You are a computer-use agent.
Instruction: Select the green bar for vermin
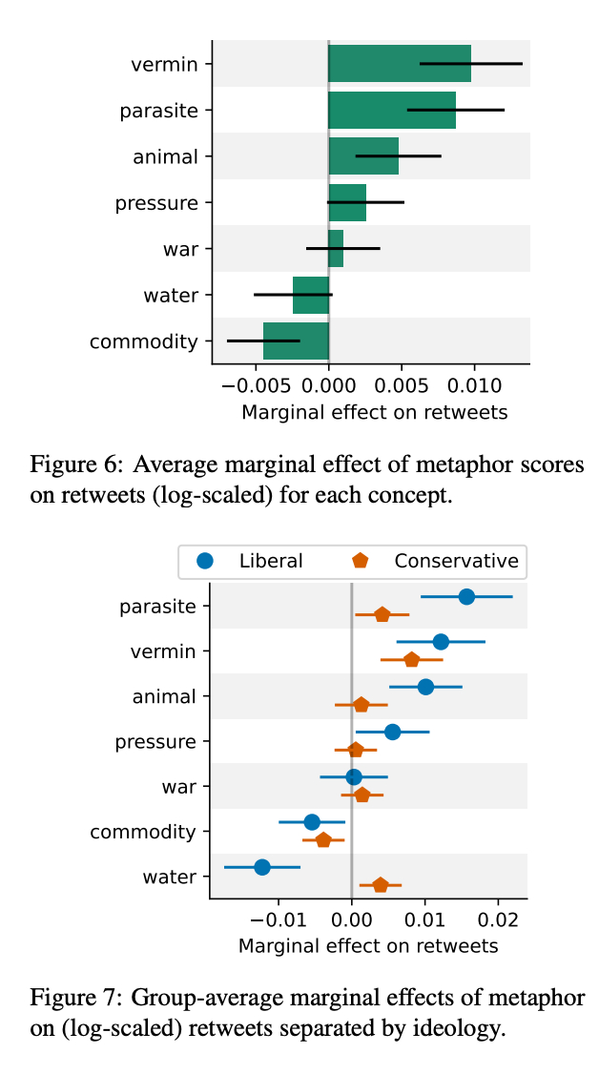400,64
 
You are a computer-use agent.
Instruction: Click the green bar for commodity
296,341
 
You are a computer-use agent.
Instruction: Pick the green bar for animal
363,156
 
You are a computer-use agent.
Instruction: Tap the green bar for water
311,295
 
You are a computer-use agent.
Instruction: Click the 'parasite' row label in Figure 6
159,111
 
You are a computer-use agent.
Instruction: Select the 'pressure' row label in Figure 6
156,203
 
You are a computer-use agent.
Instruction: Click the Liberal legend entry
254,561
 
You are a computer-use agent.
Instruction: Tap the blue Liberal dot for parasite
466,597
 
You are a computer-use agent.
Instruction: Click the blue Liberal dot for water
262,867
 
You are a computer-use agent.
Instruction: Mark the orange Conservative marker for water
381,885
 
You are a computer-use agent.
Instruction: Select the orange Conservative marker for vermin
411,659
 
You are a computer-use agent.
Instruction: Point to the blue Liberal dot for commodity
312,822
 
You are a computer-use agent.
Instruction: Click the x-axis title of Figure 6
374,412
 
